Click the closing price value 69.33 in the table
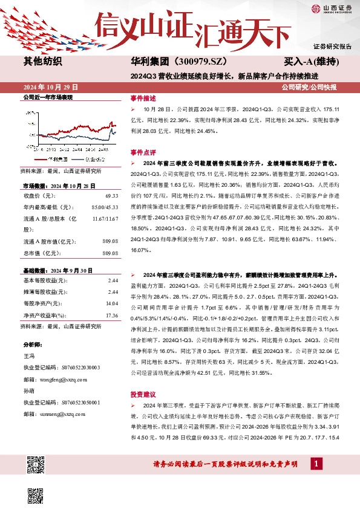(111, 196)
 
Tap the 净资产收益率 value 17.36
(111, 315)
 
